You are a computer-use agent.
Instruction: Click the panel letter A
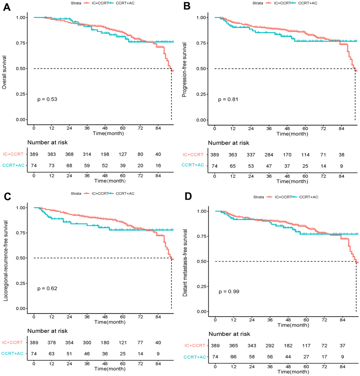tap(6, 7)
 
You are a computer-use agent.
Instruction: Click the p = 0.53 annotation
tap(47, 99)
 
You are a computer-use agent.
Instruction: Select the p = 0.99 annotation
tap(228, 292)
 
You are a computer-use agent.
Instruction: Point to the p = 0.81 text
tap(228, 99)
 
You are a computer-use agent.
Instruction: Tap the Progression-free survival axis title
tap(184, 68)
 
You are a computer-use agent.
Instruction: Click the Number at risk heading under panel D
tap(229, 334)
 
